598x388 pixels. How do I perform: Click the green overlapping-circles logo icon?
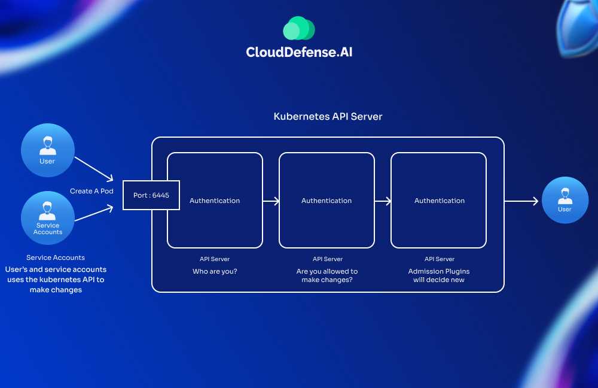click(x=299, y=28)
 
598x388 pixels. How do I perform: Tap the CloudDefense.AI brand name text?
click(x=299, y=52)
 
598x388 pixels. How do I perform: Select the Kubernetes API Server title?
click(x=328, y=116)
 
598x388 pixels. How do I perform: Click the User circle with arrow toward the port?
click(x=47, y=150)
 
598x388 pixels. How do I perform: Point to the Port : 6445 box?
click(x=151, y=195)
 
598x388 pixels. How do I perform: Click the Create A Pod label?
click(x=91, y=191)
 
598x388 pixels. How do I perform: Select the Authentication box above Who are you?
click(x=215, y=201)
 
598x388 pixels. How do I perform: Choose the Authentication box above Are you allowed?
click(x=327, y=201)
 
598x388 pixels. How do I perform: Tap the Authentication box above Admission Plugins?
click(x=439, y=201)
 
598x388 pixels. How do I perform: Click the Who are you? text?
click(x=215, y=271)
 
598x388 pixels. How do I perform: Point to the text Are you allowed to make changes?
click(x=327, y=275)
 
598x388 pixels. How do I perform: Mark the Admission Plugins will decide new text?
click(x=439, y=275)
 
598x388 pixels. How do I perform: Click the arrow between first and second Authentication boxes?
click(x=271, y=201)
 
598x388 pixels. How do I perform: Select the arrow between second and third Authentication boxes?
click(x=383, y=201)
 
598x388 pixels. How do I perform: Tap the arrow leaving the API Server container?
click(x=521, y=201)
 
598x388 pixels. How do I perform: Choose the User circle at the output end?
click(x=565, y=200)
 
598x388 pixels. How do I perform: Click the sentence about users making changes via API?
click(x=56, y=280)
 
